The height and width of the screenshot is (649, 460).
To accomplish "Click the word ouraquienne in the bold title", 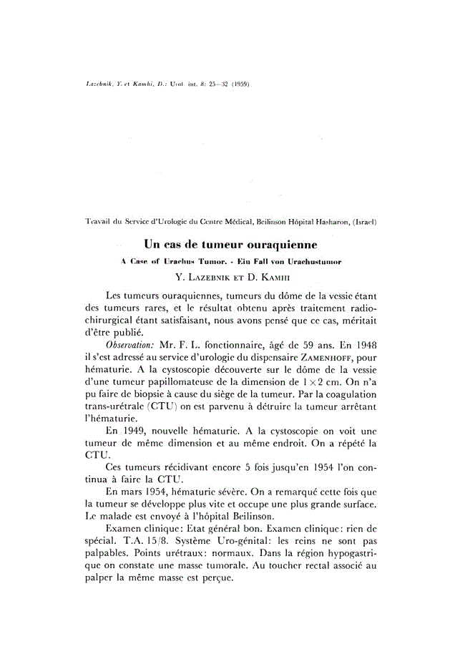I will coord(273,244).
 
